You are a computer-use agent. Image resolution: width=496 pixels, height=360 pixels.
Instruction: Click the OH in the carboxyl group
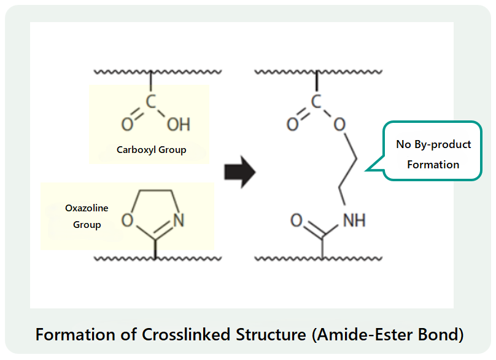(179, 125)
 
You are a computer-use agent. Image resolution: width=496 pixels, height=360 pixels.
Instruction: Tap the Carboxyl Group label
(151, 149)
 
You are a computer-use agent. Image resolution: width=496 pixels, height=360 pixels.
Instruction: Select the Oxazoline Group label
(87, 216)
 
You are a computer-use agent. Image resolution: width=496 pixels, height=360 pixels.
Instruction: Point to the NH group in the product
(354, 220)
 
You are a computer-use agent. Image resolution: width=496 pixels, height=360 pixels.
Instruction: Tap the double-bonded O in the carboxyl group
(126, 125)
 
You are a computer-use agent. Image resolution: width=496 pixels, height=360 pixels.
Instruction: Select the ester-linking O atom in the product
(339, 125)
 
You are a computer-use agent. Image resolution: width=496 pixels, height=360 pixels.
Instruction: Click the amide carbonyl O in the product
(296, 220)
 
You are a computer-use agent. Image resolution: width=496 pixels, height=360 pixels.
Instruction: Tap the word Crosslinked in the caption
(180, 335)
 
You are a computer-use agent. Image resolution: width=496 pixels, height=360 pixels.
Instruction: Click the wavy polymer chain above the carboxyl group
(123, 72)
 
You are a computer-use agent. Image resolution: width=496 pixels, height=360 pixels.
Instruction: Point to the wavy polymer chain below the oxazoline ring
(123, 258)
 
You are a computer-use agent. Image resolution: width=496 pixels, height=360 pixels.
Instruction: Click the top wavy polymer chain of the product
(289, 72)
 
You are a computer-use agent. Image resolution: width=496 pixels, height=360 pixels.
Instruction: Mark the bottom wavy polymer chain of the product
(289, 258)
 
